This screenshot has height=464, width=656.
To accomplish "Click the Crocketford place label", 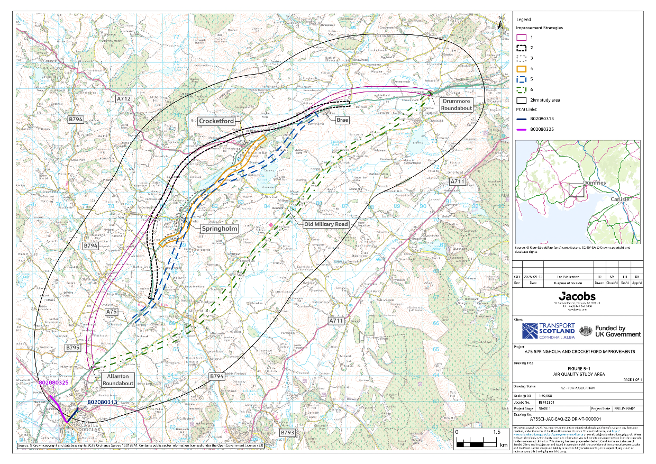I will point(216,121).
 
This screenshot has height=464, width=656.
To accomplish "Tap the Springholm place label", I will point(219,229).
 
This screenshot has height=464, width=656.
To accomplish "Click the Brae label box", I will point(342,120).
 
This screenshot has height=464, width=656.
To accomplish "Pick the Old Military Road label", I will point(326,224).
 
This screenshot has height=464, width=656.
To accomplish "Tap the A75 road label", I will point(112,312).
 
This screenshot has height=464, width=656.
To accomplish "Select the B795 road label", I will point(72,348).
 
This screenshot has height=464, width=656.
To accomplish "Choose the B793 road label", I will point(287,432).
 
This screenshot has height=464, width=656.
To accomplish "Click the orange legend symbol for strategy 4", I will point(521,68).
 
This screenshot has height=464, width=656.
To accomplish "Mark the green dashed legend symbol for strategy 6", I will point(521,89).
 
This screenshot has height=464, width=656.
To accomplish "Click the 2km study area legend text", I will point(545,100).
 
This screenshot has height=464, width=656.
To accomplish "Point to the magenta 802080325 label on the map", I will point(53,382).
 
